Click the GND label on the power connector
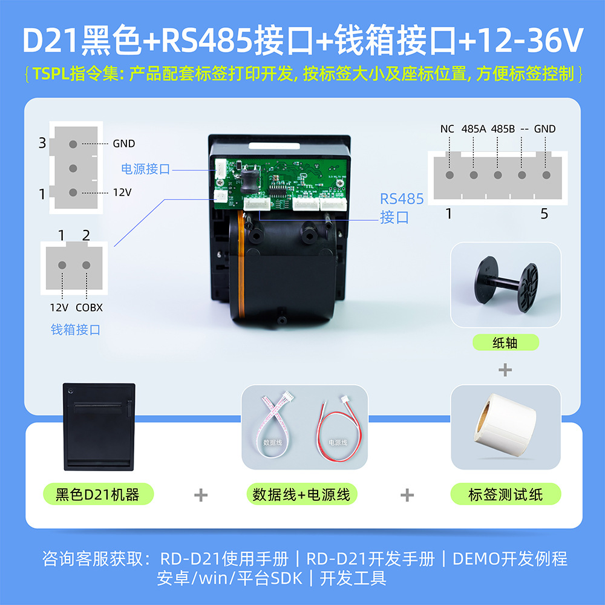click(123, 144)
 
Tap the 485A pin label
click(474, 129)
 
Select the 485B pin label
click(503, 129)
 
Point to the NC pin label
click(447, 129)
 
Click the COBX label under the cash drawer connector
click(89, 307)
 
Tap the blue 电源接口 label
click(146, 169)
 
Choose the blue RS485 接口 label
click(402, 208)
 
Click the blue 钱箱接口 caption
click(76, 330)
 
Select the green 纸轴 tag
click(505, 342)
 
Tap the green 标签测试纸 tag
click(506, 494)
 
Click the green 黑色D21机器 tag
click(97, 494)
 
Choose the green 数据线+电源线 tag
click(301, 494)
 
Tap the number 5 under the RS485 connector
click(544, 214)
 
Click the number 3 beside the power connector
click(42, 143)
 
